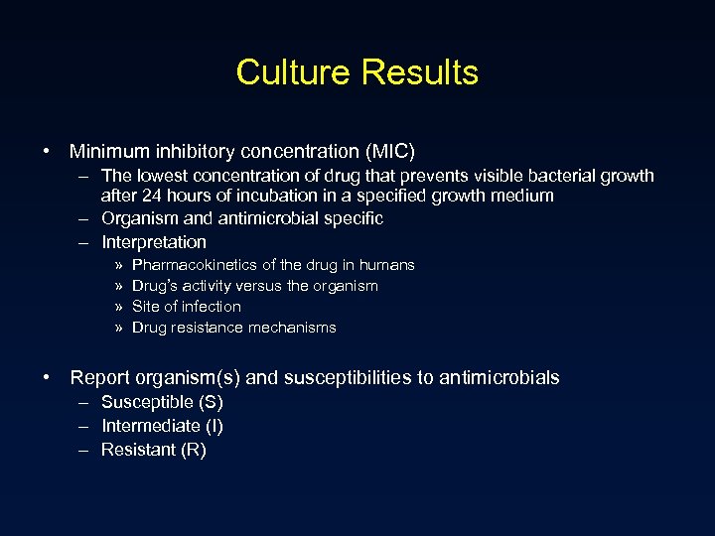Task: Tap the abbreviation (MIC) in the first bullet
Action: point(390,152)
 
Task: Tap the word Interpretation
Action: point(154,242)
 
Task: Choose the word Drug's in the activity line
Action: point(155,286)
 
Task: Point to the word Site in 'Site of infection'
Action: point(146,307)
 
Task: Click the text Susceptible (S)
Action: point(162,403)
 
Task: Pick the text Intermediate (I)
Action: point(162,427)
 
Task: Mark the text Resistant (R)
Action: point(154,451)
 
